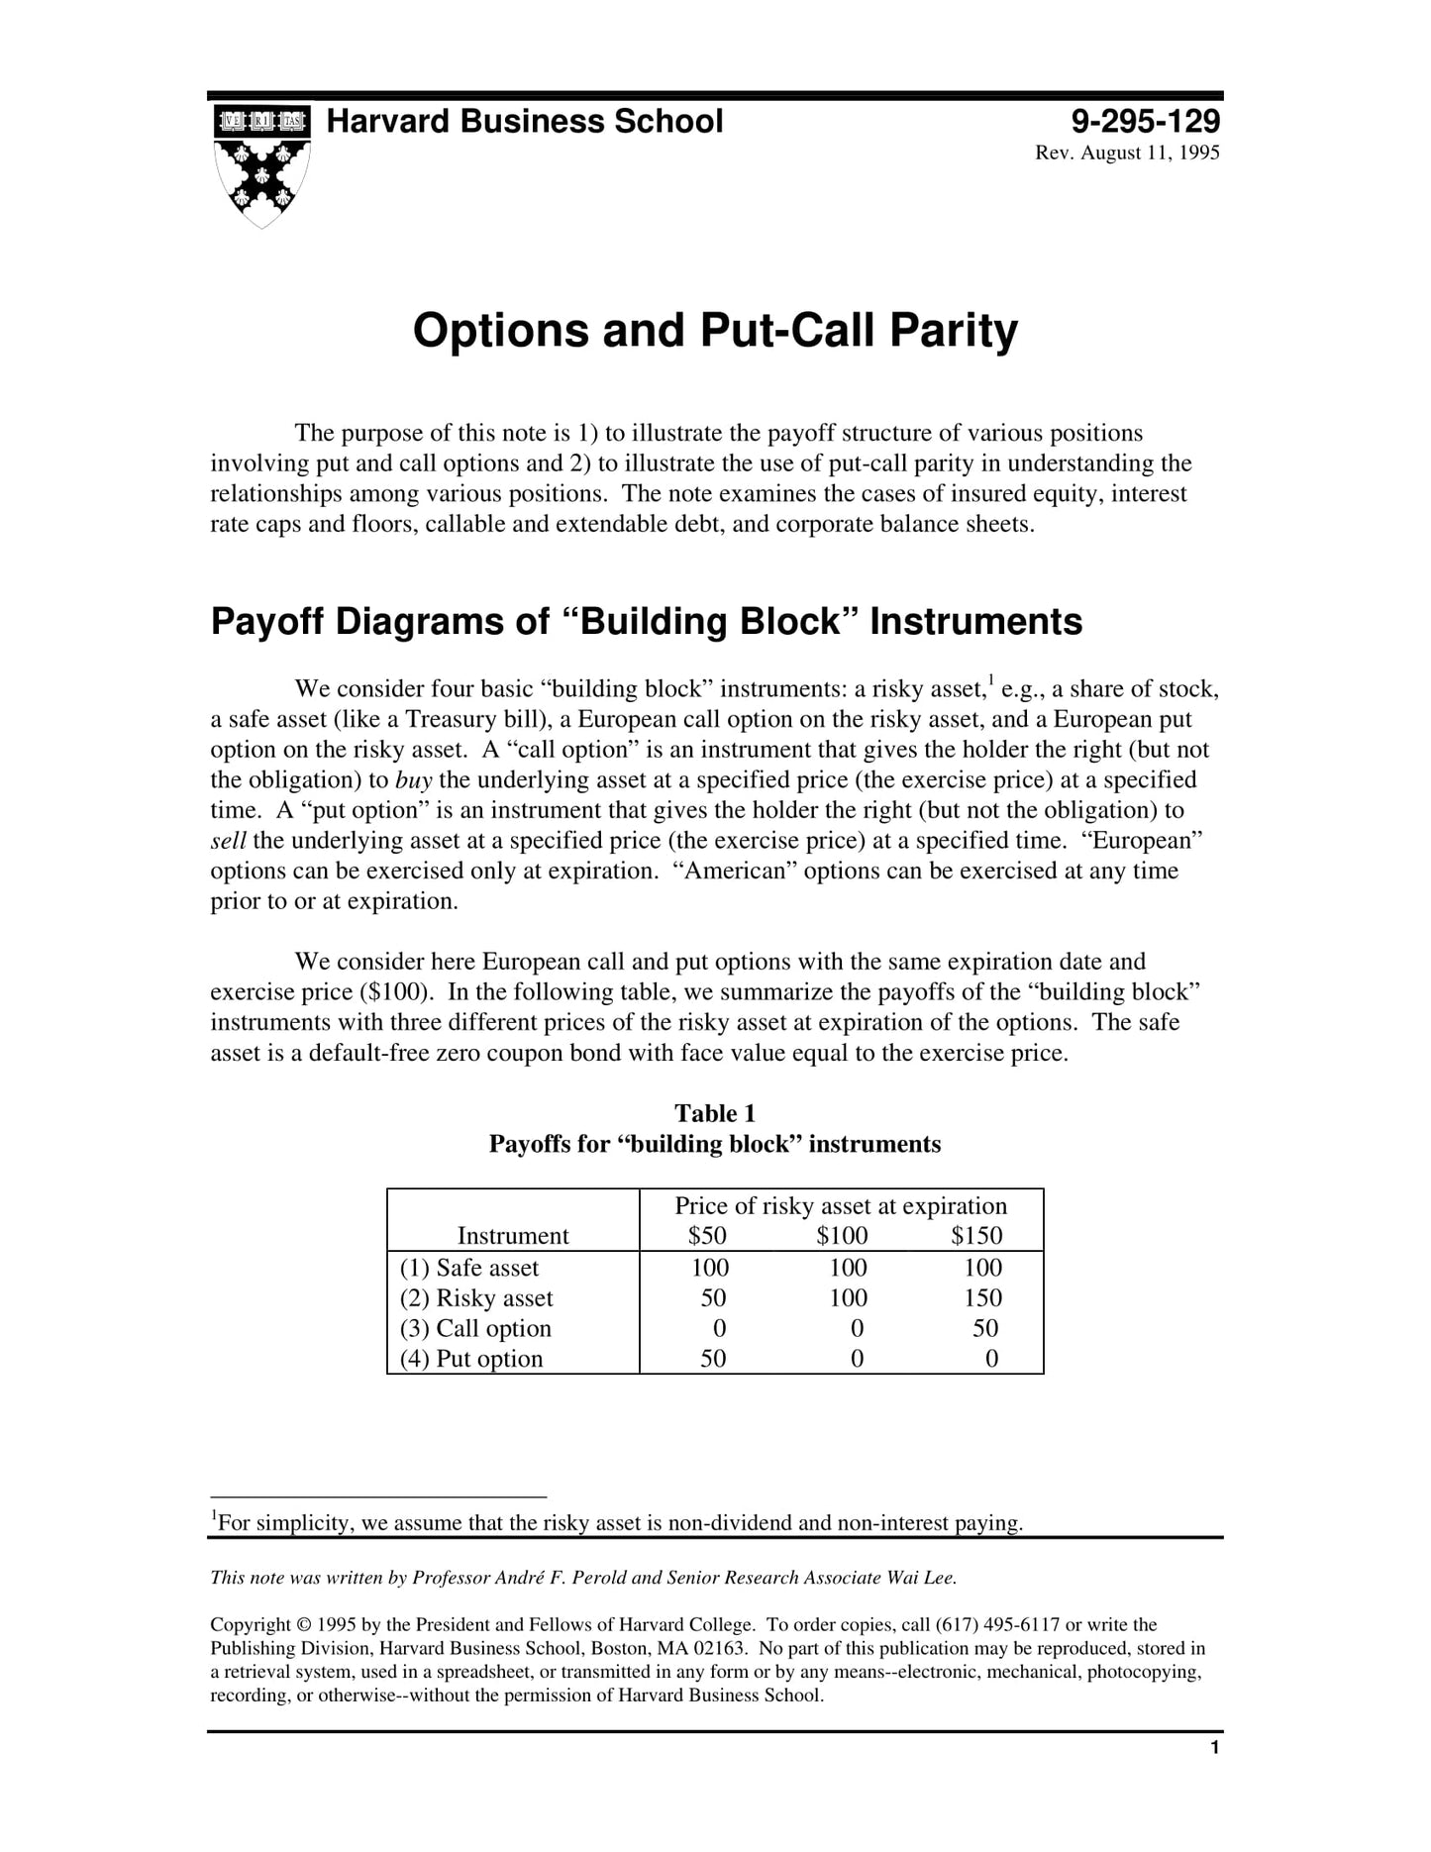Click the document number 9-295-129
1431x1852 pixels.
pyautogui.click(x=1145, y=122)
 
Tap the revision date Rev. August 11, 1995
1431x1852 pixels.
pyautogui.click(x=1127, y=154)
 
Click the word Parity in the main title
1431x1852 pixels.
pyautogui.click(x=953, y=330)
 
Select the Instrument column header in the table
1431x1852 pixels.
pyautogui.click(x=513, y=1235)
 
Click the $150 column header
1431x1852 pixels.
pyautogui.click(x=976, y=1235)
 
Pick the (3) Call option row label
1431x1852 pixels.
pyautogui.click(x=475, y=1328)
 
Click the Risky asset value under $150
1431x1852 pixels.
pyautogui.click(x=982, y=1297)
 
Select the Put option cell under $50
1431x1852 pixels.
pyautogui.click(x=713, y=1359)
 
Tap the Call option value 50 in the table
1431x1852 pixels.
pyautogui.click(x=985, y=1328)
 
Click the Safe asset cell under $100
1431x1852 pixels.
pyautogui.click(x=848, y=1268)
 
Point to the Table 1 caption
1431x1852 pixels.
pyautogui.click(x=715, y=1113)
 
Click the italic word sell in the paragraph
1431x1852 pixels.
pyautogui.click(x=228, y=841)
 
